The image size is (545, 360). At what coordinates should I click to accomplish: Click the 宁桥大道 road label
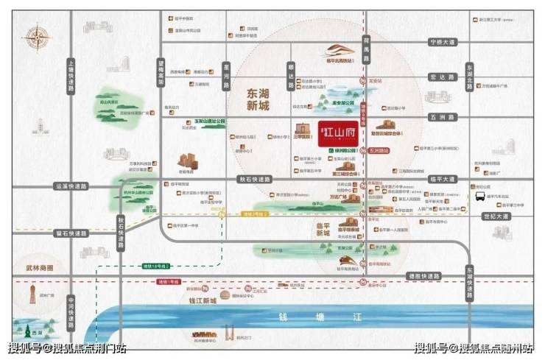point(443,42)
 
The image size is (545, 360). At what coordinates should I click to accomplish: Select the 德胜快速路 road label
point(423,275)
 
